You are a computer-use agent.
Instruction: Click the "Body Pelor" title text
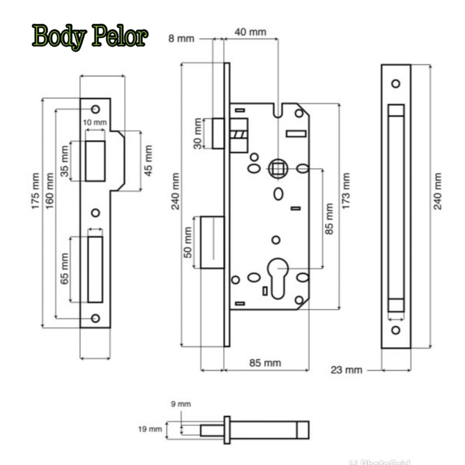click(91, 37)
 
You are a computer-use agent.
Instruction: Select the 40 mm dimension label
click(250, 32)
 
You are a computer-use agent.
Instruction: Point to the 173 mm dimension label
click(346, 192)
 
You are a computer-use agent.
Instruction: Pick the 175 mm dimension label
click(35, 192)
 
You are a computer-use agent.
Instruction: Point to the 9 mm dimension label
click(184, 403)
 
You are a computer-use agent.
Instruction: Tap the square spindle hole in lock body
click(277, 169)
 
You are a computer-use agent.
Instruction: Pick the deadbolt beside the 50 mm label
click(212, 242)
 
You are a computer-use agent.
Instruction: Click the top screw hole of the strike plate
click(95, 109)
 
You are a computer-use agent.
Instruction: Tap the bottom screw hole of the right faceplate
click(396, 330)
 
